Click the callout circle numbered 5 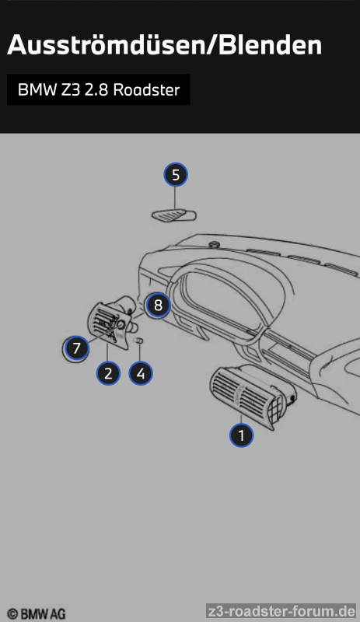(x=176, y=174)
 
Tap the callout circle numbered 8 (x=158, y=306)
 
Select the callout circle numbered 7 (x=76, y=348)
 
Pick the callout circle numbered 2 (x=108, y=373)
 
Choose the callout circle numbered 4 (x=141, y=373)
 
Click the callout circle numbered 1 (x=241, y=435)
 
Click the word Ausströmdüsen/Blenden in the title (x=164, y=44)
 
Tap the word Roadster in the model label (x=146, y=90)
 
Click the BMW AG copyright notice (x=36, y=613)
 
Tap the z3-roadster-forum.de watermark (x=281, y=610)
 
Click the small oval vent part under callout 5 (x=174, y=215)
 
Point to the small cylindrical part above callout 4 (x=139, y=341)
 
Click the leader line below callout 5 (x=175, y=197)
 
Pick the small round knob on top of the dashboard (x=215, y=244)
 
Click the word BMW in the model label (x=37, y=90)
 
